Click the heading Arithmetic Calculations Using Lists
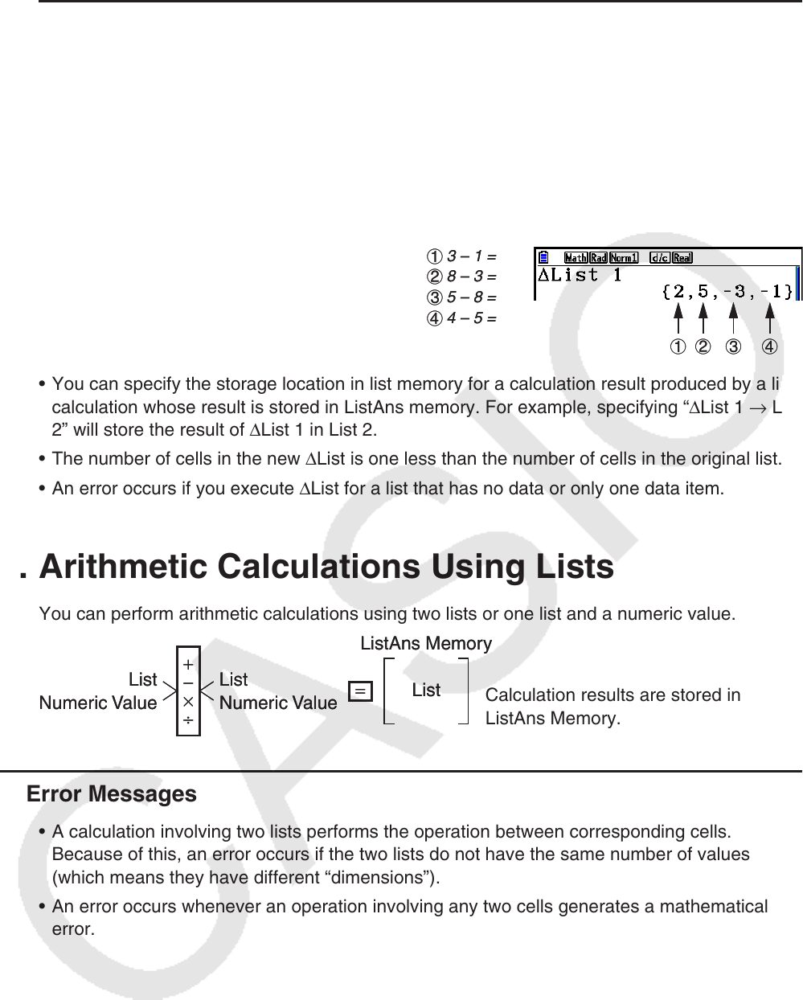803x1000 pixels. pyautogui.click(x=326, y=568)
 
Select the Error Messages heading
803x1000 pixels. pyautogui.click(x=112, y=794)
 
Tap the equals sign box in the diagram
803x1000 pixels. pyautogui.click(x=361, y=691)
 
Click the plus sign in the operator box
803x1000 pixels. pyautogui.click(x=187, y=666)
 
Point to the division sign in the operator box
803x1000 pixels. pyautogui.click(x=187, y=720)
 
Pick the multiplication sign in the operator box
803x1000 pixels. pyautogui.click(x=187, y=702)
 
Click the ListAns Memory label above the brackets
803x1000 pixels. pyautogui.click(x=426, y=644)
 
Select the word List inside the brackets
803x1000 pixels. pyautogui.click(x=426, y=691)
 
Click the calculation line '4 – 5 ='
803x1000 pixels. pyautogui.click(x=463, y=318)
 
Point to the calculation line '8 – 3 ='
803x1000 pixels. pyautogui.click(x=463, y=277)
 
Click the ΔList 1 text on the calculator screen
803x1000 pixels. pyautogui.click(x=580, y=276)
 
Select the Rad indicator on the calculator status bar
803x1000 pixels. pyautogui.click(x=598, y=258)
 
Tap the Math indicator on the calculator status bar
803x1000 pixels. pyautogui.click(x=576, y=258)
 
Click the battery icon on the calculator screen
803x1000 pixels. pyautogui.click(x=544, y=258)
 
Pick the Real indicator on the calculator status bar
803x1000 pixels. pyautogui.click(x=682, y=258)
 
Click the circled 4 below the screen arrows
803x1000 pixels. pyautogui.click(x=769, y=347)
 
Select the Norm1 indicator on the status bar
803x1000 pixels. pyautogui.click(x=623, y=258)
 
